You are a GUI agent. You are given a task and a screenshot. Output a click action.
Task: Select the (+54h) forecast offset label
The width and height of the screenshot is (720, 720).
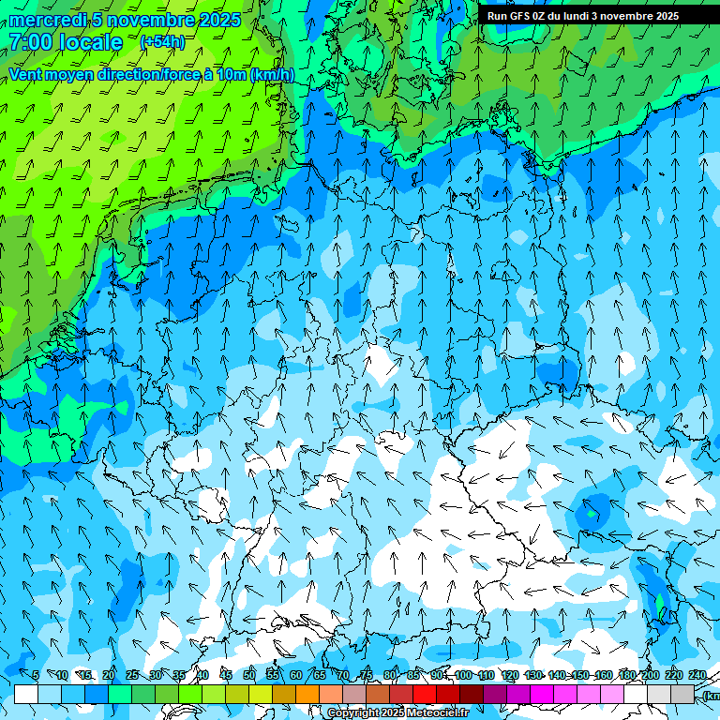tap(162, 42)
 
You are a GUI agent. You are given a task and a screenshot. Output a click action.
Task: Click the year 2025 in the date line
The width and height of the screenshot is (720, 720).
tap(216, 20)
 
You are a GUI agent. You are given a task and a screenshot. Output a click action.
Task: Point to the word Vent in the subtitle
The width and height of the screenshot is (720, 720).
tap(27, 75)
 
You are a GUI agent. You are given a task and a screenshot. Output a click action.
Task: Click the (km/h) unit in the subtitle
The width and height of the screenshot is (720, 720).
tap(272, 75)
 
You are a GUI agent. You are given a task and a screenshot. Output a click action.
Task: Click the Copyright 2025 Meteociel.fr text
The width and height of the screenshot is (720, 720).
tap(398, 713)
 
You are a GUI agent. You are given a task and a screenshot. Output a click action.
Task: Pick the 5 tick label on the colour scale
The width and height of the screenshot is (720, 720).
tap(36, 675)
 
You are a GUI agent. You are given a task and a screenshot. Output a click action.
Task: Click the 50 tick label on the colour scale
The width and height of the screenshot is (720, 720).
tap(248, 675)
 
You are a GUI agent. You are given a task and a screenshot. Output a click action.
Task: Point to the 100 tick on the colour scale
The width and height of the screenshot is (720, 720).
tap(463, 675)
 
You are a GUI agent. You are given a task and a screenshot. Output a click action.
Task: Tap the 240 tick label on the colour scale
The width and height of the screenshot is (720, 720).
tap(697, 675)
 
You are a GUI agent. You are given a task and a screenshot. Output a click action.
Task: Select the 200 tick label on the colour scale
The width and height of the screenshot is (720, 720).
tap(650, 675)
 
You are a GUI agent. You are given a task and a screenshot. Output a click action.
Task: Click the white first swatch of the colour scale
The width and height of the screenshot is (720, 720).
tap(26, 694)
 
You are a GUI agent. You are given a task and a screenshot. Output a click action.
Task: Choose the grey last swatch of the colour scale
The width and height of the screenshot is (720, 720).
tap(682, 694)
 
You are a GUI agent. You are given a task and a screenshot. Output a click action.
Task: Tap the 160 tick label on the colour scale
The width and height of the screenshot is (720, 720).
tap(603, 675)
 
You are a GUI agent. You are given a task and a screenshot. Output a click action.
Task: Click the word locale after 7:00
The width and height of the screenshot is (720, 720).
tap(90, 42)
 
